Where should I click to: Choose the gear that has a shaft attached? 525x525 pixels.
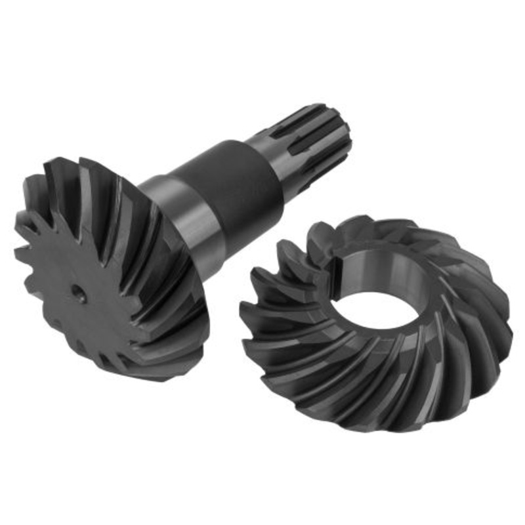[112, 276]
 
